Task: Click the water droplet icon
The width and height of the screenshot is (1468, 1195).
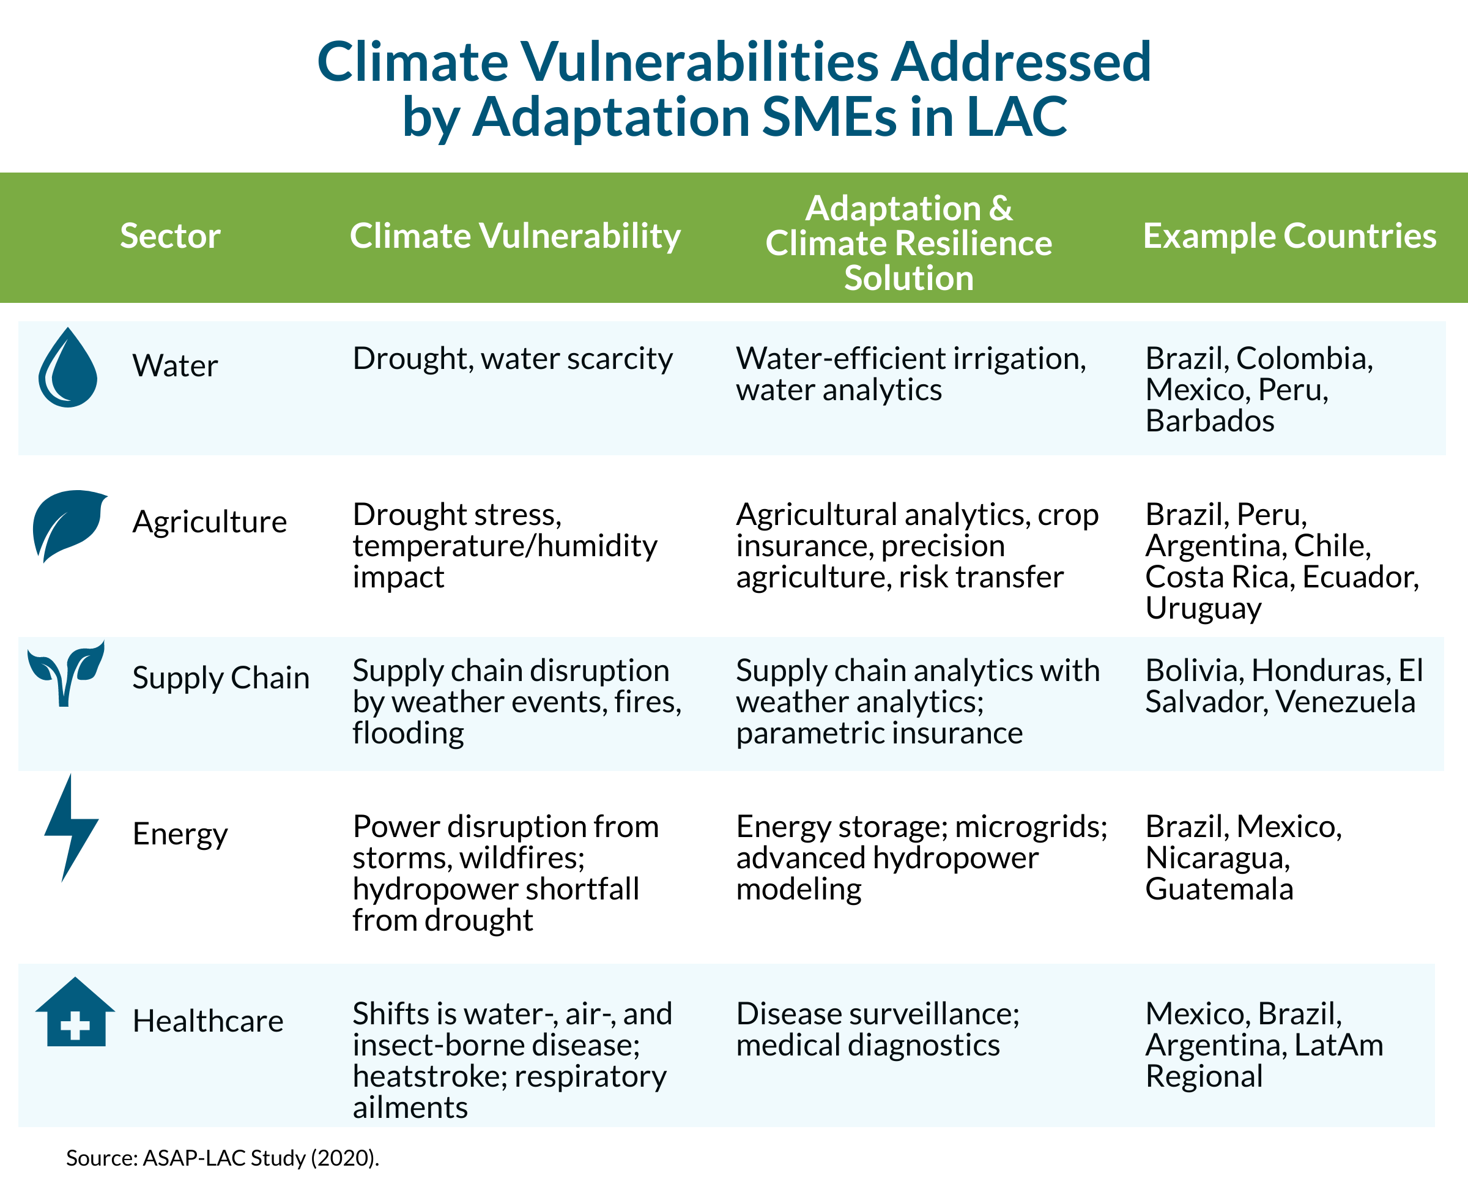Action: pyautogui.click(x=67, y=368)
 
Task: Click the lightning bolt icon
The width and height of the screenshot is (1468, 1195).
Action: pyautogui.click(x=70, y=827)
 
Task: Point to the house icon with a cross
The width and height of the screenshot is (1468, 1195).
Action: pyautogui.click(x=75, y=1012)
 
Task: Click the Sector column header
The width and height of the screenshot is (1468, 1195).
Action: pyautogui.click(x=170, y=236)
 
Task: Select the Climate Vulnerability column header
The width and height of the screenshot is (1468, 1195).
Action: pyautogui.click(x=515, y=236)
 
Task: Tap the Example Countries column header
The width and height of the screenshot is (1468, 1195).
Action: pyautogui.click(x=1289, y=236)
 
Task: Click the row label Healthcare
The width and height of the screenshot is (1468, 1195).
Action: pyautogui.click(x=208, y=1021)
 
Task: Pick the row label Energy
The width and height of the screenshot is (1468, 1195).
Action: pyautogui.click(x=180, y=835)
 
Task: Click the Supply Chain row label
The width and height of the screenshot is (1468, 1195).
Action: pyautogui.click(x=221, y=678)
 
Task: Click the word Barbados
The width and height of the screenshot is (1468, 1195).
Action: pyautogui.click(x=1210, y=420)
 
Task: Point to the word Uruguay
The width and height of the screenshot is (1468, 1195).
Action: pyautogui.click(x=1203, y=608)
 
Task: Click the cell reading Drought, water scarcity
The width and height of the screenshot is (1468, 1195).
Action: pyautogui.click(x=513, y=359)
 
